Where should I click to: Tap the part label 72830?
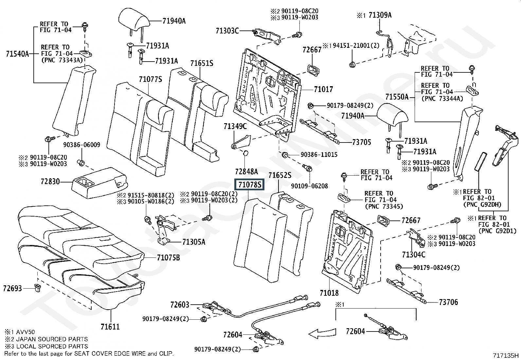click(x=50, y=181)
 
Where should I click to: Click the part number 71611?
click(x=110, y=327)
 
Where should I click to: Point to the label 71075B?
click(x=168, y=258)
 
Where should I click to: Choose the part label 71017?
click(x=323, y=89)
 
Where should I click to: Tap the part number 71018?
click(x=329, y=293)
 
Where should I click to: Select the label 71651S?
click(x=202, y=63)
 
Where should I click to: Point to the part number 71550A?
click(x=397, y=97)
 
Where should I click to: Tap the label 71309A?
click(x=380, y=15)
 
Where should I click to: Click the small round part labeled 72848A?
click(x=246, y=154)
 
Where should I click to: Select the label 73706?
click(x=448, y=302)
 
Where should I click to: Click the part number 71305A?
click(x=194, y=242)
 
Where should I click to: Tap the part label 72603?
click(x=180, y=305)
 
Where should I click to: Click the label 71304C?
click(x=414, y=255)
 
